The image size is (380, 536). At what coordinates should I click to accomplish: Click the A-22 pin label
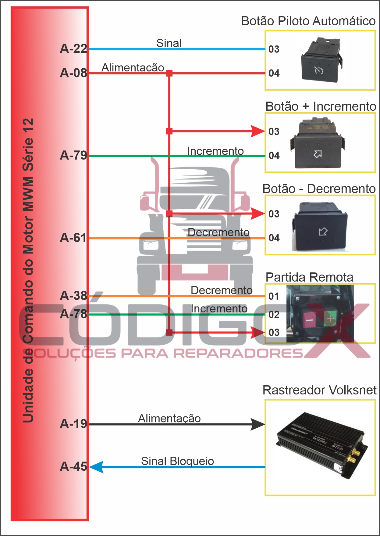tap(73, 49)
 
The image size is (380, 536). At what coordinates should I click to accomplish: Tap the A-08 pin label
tap(73, 73)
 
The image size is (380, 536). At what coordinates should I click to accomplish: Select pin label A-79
tap(73, 156)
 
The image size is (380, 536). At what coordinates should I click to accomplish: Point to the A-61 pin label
tap(73, 238)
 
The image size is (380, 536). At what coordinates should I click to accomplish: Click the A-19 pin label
tap(73, 424)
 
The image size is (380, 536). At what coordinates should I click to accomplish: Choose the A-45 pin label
tap(73, 467)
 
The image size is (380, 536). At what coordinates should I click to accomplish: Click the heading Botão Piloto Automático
tap(308, 21)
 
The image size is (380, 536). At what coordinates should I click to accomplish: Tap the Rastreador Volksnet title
tap(319, 390)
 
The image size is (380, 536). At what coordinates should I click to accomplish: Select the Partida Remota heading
tap(309, 278)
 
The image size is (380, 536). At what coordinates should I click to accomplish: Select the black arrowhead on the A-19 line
tap(257, 424)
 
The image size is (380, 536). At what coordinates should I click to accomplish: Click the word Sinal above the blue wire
tap(169, 43)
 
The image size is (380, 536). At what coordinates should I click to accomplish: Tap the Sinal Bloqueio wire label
tap(177, 461)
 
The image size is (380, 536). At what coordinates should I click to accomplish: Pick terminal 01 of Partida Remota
tap(274, 296)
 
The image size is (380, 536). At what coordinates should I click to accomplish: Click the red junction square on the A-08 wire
tap(169, 73)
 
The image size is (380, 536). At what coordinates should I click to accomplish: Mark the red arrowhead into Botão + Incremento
tap(257, 131)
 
